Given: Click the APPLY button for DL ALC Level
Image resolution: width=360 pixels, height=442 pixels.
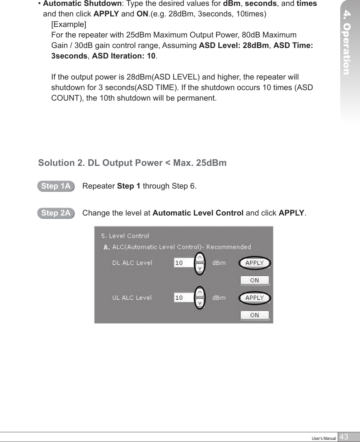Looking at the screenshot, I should (254, 263).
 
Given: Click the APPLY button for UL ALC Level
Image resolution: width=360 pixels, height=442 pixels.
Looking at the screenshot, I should (254, 298).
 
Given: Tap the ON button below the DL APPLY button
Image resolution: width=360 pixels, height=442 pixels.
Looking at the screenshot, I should (254, 280).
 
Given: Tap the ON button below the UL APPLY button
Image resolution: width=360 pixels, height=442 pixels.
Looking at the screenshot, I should (254, 315).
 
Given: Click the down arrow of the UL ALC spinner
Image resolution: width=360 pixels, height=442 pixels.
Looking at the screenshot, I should (200, 303).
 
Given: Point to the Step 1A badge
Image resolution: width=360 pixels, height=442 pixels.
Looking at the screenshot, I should (56, 186).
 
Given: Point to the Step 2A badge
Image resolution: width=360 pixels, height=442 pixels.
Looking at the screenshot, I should (56, 213).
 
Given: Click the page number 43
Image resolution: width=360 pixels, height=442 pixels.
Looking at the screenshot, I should (344, 437).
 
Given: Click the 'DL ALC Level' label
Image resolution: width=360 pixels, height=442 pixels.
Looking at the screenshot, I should (132, 263).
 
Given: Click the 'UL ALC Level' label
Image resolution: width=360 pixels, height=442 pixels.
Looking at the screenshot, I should (132, 298).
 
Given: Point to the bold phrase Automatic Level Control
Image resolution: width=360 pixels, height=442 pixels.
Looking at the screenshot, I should (198, 213).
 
